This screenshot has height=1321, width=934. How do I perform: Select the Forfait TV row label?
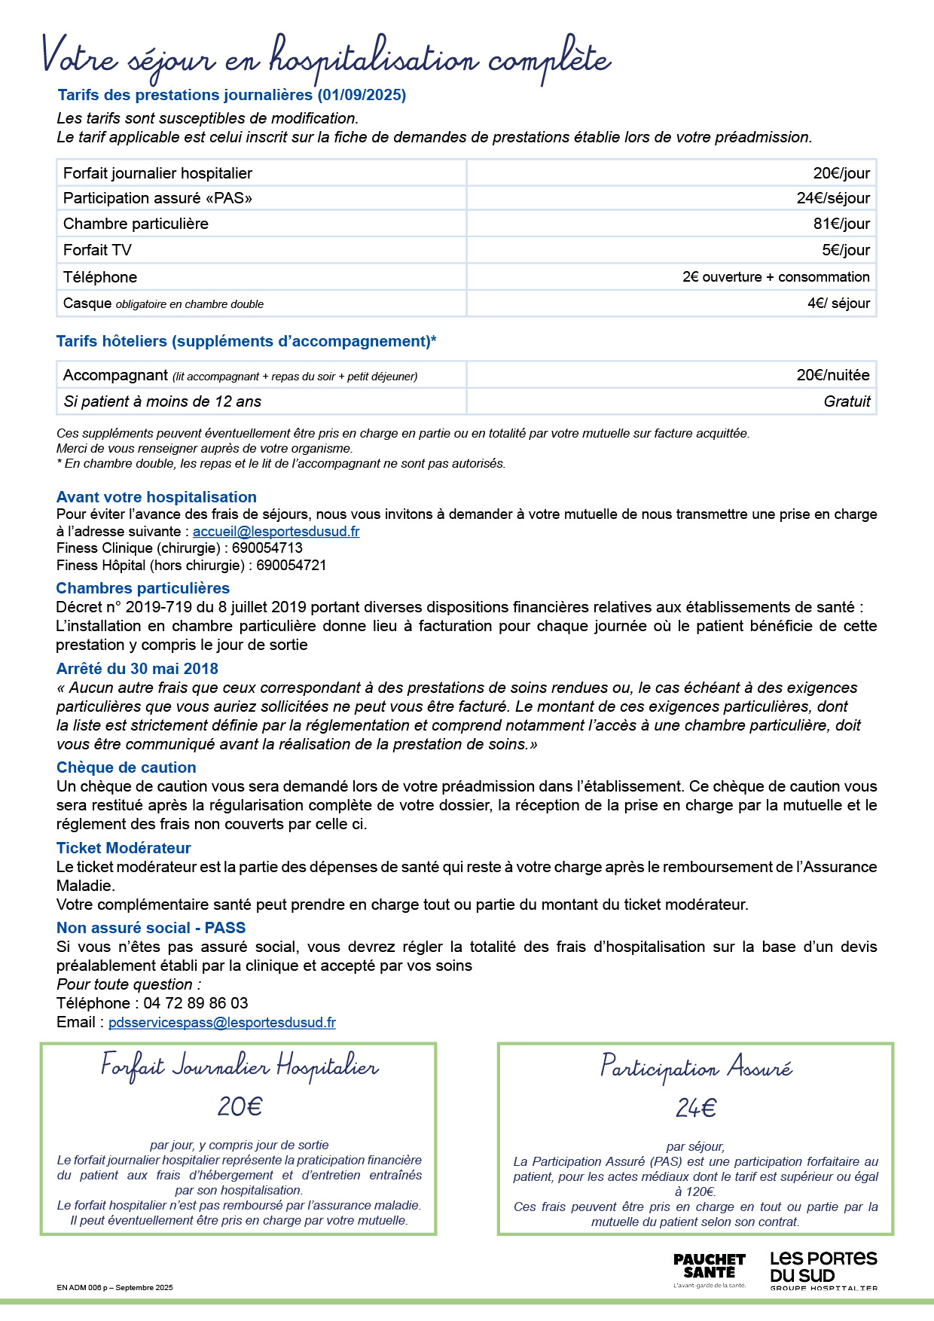[x=97, y=250]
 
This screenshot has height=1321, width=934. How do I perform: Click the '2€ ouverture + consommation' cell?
[x=776, y=277]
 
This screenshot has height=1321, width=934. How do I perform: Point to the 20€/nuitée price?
[x=833, y=375]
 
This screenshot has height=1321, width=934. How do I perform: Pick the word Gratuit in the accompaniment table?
[x=847, y=401]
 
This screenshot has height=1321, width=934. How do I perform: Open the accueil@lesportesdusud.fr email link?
[x=276, y=532]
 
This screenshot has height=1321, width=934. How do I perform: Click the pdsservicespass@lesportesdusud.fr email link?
[x=221, y=1023]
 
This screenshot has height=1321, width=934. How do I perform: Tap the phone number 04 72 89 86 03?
[x=195, y=1003]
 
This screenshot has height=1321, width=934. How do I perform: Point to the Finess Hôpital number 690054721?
[x=291, y=566]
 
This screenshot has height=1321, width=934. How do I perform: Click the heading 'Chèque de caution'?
[x=126, y=767]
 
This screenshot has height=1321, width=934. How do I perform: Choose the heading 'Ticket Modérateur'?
[x=124, y=848]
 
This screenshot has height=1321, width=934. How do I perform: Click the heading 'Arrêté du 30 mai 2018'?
[x=137, y=669]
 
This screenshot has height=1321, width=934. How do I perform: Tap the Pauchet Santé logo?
[x=709, y=1270]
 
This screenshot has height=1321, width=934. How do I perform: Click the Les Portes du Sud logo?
[x=823, y=1270]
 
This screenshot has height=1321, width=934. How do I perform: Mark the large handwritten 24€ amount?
[x=695, y=1108]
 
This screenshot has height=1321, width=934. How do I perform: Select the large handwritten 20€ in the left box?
[x=240, y=1106]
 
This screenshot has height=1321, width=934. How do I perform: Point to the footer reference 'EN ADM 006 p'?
[x=84, y=1287]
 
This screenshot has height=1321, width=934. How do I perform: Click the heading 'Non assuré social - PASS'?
[x=151, y=928]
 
